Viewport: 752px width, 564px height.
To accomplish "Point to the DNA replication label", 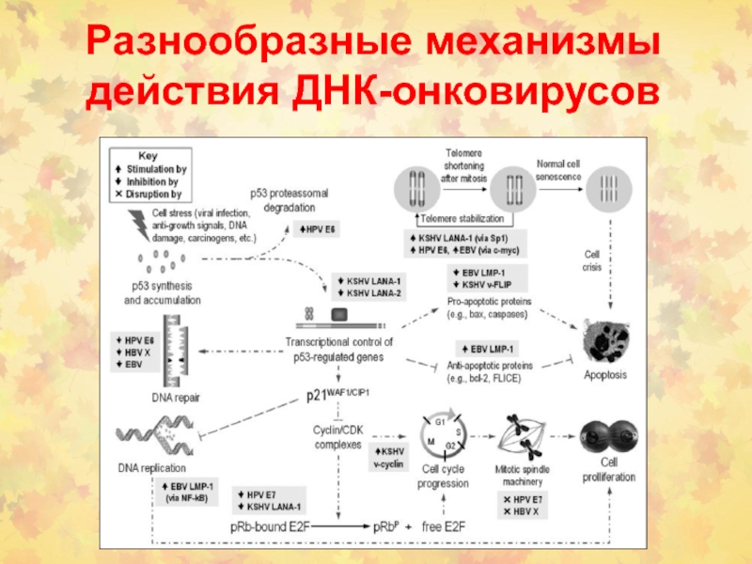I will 152,468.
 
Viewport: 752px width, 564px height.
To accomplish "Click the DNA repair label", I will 176,397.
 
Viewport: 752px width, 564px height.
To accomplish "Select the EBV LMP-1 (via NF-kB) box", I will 191,491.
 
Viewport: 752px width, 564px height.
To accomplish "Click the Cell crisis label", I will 592,259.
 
